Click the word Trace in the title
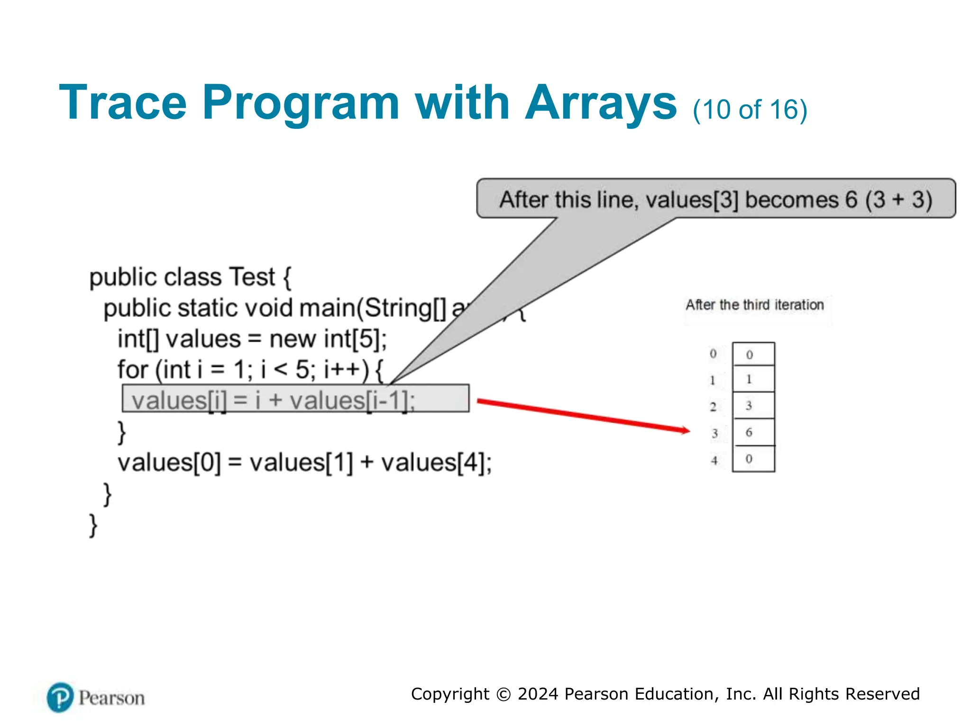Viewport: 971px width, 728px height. coord(123,103)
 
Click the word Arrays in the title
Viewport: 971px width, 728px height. coord(601,103)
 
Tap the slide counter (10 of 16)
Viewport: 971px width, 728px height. coord(750,110)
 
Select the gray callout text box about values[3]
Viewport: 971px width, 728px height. coord(715,199)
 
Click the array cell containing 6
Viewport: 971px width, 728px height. coord(753,432)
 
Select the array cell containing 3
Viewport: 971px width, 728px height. coord(753,406)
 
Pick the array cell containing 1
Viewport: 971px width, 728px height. coord(753,379)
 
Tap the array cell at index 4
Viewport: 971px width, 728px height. coord(753,459)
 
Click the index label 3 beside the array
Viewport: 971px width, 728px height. coord(715,433)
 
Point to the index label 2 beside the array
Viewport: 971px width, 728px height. coord(713,407)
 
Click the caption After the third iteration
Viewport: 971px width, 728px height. coord(754,305)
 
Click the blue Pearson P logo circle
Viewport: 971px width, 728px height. coord(60,697)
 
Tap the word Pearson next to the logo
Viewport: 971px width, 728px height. coord(112,698)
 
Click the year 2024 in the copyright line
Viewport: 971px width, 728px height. coord(538,694)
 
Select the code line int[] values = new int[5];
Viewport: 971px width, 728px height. coord(252,339)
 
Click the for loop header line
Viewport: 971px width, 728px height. coord(250,370)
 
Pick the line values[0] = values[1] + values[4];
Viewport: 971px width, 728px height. coord(304,463)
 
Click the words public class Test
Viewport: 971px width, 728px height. coord(183,277)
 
